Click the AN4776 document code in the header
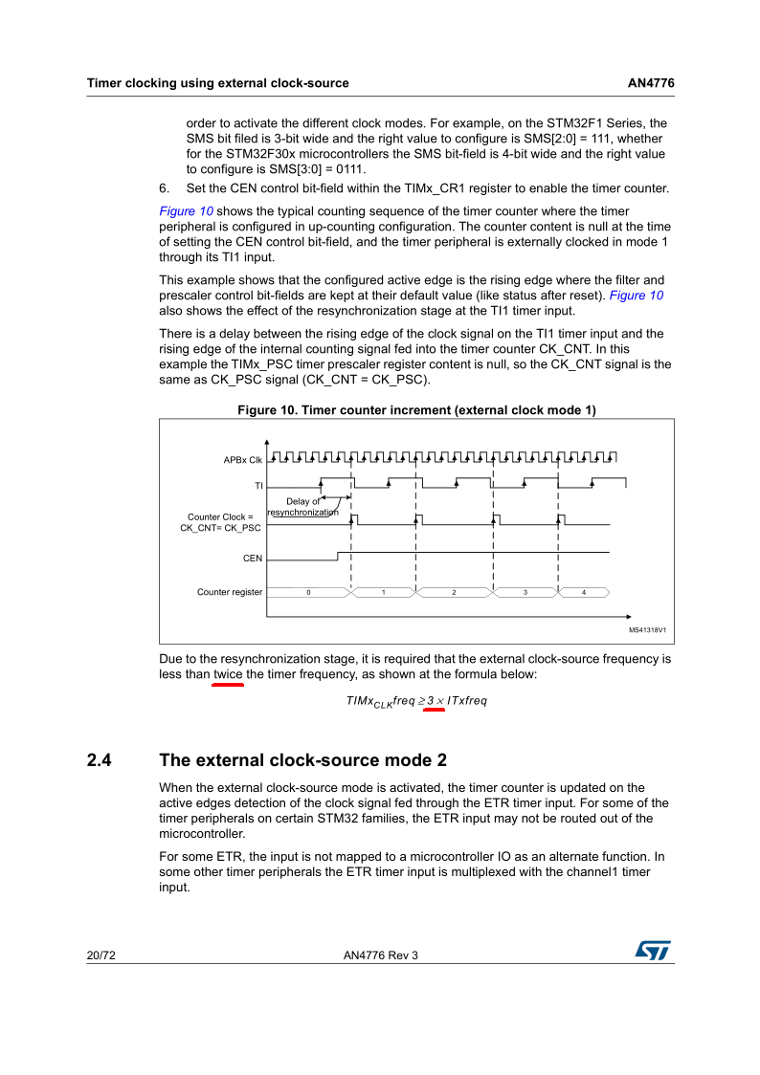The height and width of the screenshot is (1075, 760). [651, 83]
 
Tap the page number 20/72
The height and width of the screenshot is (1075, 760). [101, 954]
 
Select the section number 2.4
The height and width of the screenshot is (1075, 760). [101, 760]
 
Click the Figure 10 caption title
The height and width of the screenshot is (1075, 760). [416, 410]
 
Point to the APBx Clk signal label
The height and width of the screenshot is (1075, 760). [243, 460]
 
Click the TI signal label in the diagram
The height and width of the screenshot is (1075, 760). [257, 486]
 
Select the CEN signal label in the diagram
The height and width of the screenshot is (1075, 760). [253, 558]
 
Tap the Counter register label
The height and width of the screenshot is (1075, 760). [230, 592]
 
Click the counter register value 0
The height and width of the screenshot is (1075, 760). [308, 593]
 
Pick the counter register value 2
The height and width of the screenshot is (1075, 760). [454, 593]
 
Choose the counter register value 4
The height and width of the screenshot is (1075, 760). [584, 593]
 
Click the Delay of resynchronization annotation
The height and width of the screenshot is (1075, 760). [302, 507]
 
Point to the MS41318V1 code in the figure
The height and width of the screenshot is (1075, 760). [647, 630]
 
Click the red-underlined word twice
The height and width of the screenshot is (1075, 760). [228, 674]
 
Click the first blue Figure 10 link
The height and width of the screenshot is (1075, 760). [186, 210]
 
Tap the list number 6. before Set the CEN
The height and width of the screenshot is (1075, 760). [165, 187]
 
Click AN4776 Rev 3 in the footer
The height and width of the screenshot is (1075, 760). [380, 954]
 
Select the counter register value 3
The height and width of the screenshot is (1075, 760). [525, 593]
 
